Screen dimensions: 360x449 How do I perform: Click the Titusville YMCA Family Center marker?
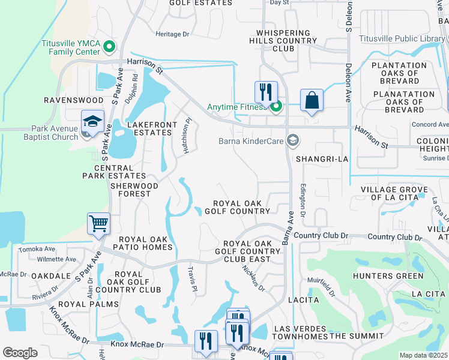[x=109, y=46]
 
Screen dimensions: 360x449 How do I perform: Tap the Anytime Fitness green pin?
[x=276, y=107]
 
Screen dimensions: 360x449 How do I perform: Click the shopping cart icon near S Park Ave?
[x=98, y=224]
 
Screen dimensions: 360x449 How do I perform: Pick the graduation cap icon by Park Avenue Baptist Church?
[x=92, y=121]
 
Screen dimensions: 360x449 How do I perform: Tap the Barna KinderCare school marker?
[x=293, y=141]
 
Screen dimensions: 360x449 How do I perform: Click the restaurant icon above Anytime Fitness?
[x=265, y=92]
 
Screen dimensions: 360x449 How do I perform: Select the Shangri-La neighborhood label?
[x=322, y=159]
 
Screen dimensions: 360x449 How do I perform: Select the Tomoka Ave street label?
[x=37, y=249]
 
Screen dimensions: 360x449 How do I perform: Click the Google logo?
[x=20, y=353]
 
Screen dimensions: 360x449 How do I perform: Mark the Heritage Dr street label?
[x=172, y=34]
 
